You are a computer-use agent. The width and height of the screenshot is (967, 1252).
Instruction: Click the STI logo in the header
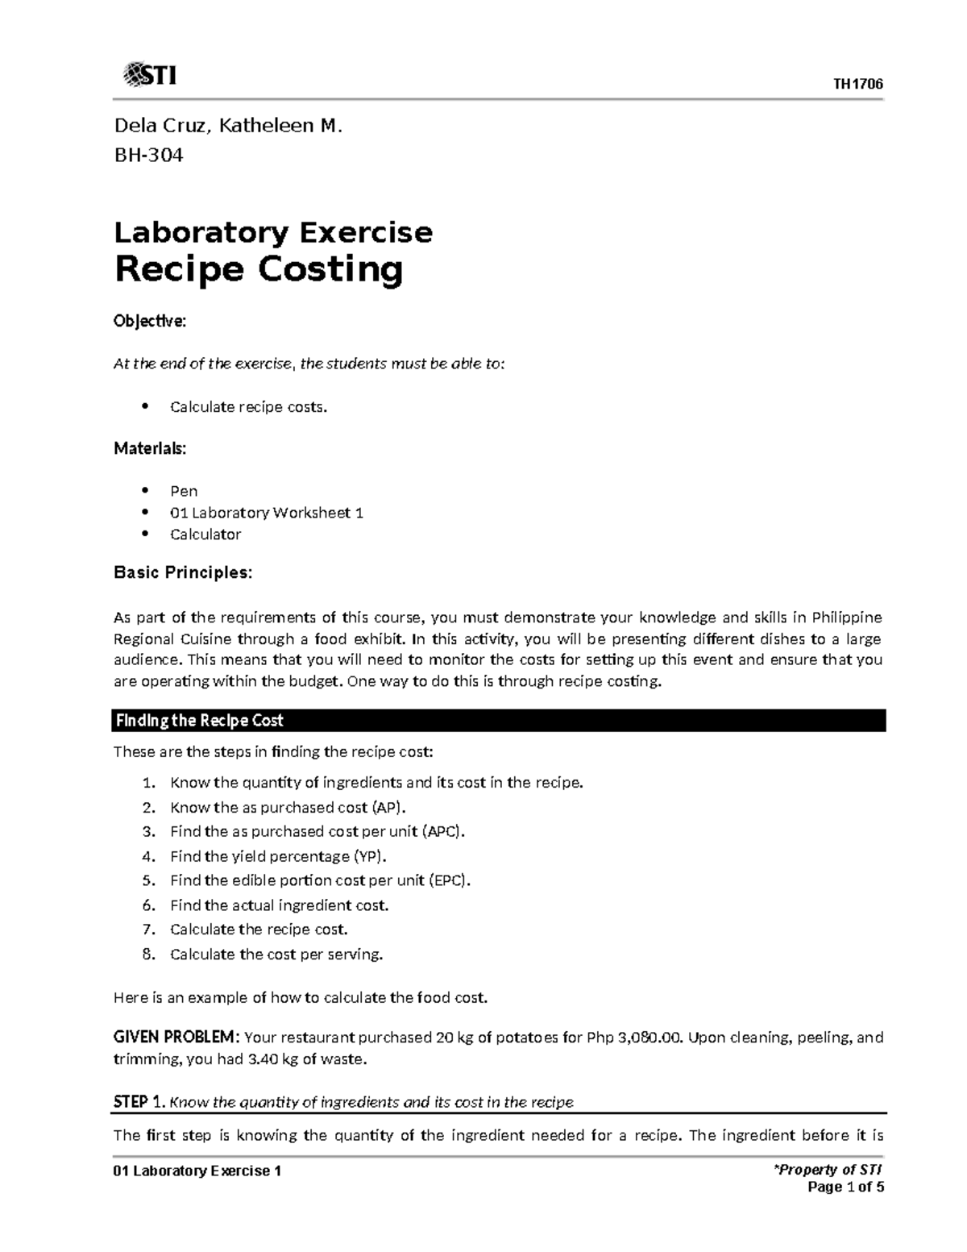point(149,76)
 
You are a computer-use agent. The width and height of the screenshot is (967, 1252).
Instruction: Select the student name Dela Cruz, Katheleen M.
point(228,126)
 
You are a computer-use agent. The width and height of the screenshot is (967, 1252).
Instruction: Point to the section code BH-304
point(148,155)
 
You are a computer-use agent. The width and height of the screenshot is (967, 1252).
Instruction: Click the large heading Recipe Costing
point(258,269)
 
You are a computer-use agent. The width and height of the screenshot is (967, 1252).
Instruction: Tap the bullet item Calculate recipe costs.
point(249,406)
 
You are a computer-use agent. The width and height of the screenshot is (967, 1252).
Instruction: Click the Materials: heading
point(150,448)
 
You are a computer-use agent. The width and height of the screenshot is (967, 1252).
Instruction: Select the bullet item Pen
point(184,491)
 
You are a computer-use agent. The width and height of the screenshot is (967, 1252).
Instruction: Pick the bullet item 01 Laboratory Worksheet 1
point(266,513)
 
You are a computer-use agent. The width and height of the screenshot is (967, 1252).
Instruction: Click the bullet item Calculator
point(205,534)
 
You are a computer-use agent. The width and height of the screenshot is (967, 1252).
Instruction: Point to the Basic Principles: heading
point(183,572)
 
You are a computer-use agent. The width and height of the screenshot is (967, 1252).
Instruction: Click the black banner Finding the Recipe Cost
point(499,720)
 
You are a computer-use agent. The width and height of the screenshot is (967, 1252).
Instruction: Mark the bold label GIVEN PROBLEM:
point(176,1038)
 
